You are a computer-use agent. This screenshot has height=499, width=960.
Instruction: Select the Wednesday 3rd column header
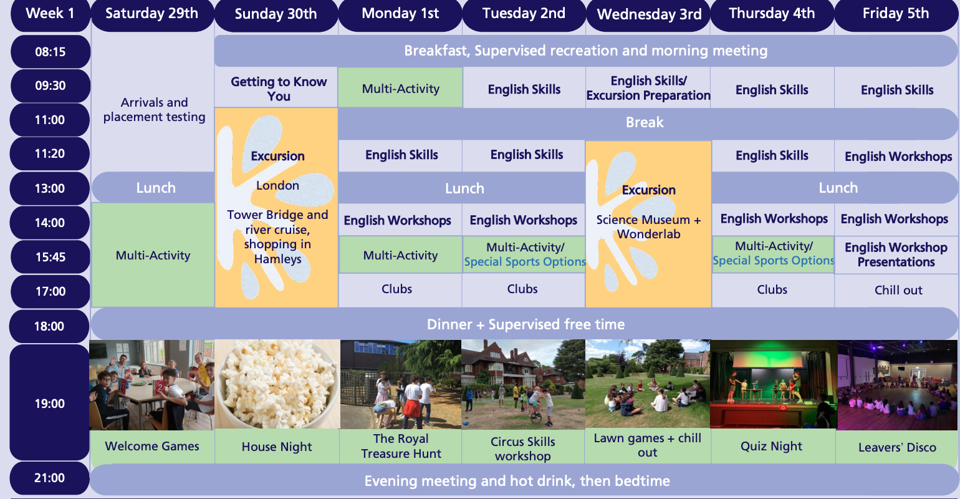649,14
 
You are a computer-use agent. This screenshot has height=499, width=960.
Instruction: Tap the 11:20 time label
50,153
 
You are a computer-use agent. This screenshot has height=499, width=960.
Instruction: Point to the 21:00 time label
50,478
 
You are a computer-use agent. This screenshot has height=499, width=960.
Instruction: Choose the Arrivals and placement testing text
155,109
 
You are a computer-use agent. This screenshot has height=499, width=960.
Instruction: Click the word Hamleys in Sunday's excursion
278,259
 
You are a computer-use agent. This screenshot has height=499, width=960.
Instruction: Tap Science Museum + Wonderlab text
648,227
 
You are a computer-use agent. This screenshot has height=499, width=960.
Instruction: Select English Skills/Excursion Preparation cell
648,88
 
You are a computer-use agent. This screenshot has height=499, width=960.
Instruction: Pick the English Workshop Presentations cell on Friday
896,254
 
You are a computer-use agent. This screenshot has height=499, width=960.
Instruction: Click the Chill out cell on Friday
898,290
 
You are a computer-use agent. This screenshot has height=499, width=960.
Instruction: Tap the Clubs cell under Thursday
772,290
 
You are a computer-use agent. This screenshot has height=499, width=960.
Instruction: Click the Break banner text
645,122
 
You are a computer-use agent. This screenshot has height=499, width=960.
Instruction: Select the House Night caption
277,447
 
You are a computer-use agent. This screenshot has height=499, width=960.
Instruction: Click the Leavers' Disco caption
897,447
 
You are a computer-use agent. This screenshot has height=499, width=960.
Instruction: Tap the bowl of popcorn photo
277,384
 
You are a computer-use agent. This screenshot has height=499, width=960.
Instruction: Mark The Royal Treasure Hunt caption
401,446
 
